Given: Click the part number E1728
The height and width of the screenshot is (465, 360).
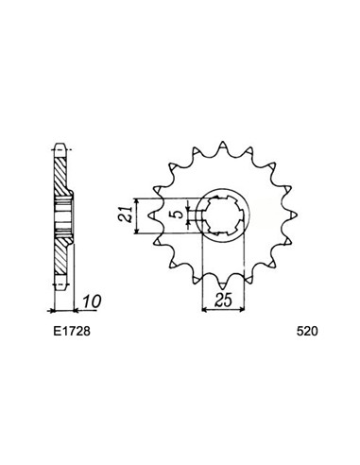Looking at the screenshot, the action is pyautogui.click(x=72, y=332).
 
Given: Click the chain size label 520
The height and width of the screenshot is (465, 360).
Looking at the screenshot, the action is pyautogui.click(x=307, y=332).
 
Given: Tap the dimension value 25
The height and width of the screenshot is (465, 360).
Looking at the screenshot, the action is pyautogui.click(x=223, y=300).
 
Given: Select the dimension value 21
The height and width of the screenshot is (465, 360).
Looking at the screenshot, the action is pyautogui.click(x=125, y=215).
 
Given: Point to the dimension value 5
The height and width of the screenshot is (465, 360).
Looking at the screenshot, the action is pyautogui.click(x=178, y=215).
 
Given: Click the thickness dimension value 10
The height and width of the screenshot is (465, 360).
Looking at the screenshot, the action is pyautogui.click(x=92, y=301).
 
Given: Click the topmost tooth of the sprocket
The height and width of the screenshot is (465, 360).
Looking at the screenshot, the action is pyautogui.click(x=223, y=146).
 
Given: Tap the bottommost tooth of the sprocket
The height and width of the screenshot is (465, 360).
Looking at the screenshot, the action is pyautogui.click(x=223, y=284).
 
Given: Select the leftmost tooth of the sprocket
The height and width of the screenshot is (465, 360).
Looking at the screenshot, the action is pyautogui.click(x=153, y=215).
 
